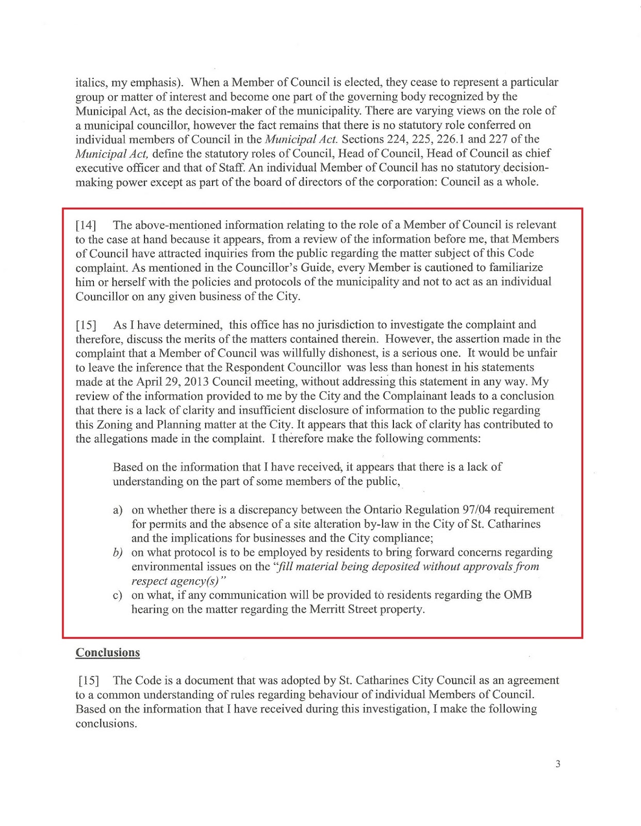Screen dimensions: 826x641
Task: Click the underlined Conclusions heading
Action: pos(108,653)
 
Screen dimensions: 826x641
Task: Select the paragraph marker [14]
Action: pos(86,225)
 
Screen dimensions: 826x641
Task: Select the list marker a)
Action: pos(118,510)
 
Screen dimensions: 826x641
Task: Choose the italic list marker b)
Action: pos(118,553)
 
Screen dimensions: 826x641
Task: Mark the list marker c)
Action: pos(118,595)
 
